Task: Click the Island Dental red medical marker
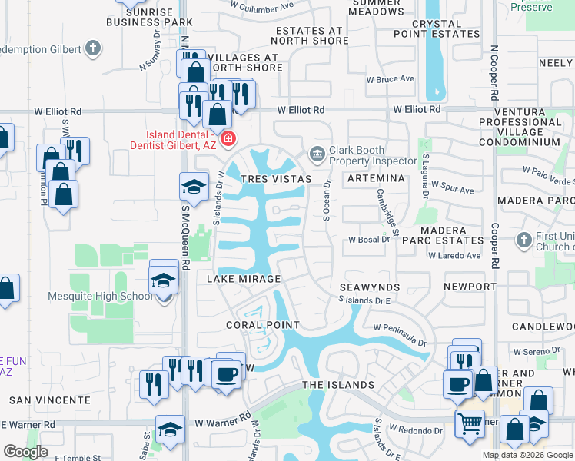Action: point(228,139)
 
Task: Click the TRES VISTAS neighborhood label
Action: point(276,179)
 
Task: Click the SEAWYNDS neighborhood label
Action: point(366,287)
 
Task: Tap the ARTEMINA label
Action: point(376,178)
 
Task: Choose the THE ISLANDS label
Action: point(338,385)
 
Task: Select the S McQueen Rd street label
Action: point(185,246)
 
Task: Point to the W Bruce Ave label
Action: point(390,79)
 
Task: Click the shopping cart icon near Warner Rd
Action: point(469,423)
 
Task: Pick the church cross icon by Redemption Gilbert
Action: point(93,49)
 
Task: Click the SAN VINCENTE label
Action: point(49,400)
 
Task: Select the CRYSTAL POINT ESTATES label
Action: point(437,28)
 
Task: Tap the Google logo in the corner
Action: point(25,452)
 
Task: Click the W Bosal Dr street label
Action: point(370,240)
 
